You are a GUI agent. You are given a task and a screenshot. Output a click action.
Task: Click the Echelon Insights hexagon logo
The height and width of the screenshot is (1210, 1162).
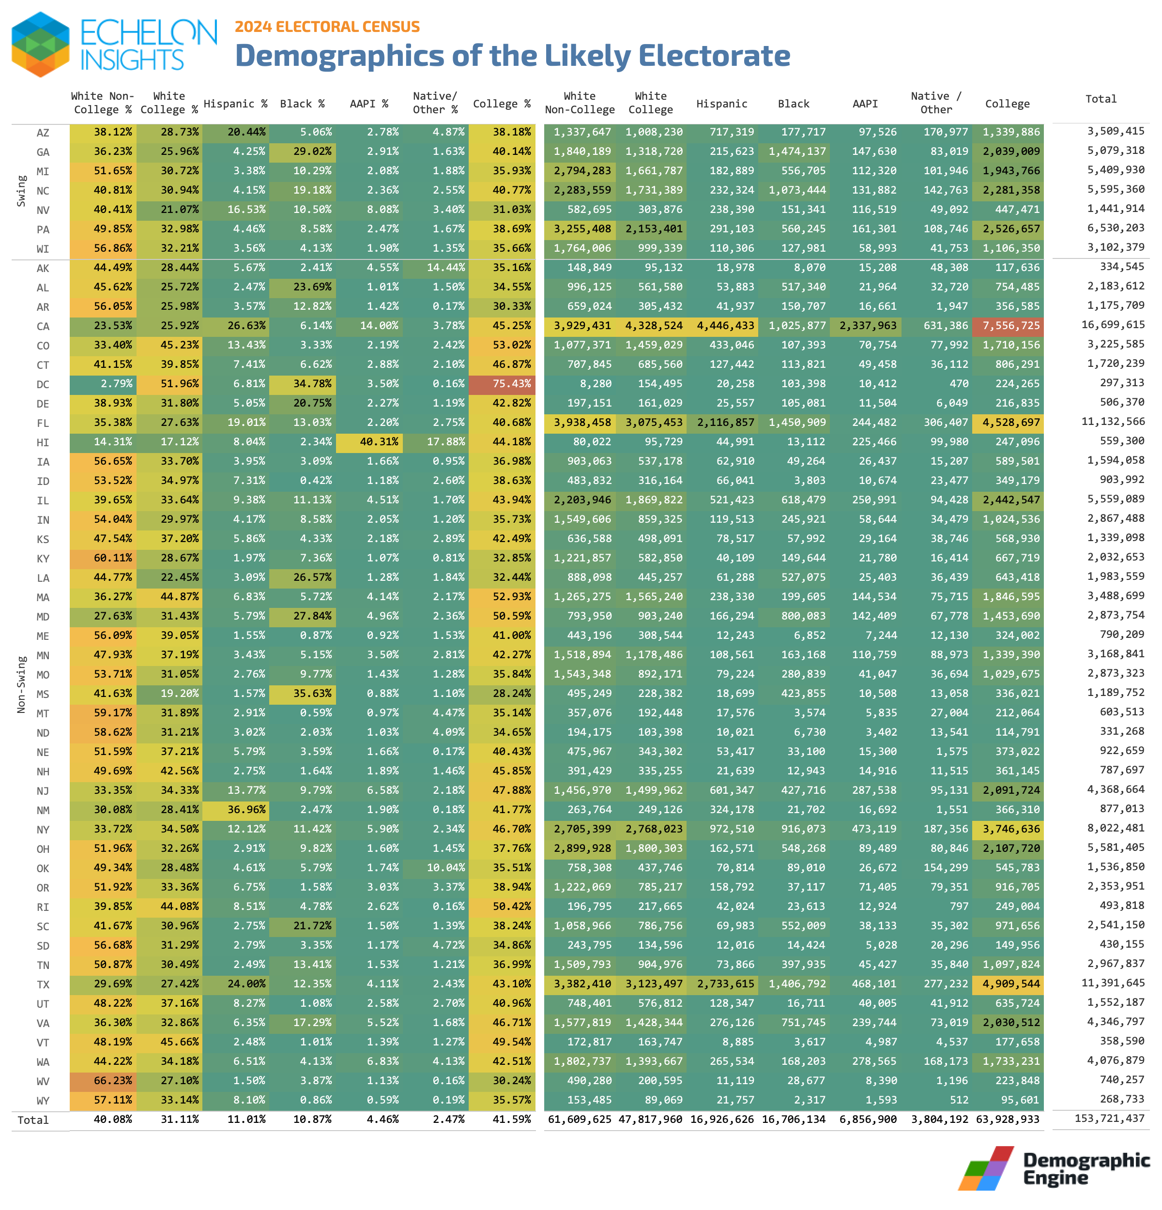coord(41,45)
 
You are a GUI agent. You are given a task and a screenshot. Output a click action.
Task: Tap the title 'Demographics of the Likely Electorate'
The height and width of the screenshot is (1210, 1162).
coord(512,56)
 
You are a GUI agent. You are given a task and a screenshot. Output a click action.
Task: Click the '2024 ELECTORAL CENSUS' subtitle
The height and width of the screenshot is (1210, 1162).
coord(327,27)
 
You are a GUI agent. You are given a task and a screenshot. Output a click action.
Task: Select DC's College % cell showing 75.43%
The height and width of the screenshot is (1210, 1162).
coord(502,383)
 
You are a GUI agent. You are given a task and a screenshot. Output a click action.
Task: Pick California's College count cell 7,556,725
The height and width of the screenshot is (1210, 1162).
coord(1008,325)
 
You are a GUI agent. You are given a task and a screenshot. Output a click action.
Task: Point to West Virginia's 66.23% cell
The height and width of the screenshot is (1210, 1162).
coord(103,1080)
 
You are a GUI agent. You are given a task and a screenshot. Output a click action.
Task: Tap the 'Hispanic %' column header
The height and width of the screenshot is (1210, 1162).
coord(235,104)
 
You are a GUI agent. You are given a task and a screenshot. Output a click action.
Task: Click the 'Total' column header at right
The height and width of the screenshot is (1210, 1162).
coord(1100,99)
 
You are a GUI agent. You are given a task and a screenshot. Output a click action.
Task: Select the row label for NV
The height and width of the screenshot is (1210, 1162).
coord(43,210)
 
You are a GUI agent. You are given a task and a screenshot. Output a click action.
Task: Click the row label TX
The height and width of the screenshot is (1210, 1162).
coord(43,984)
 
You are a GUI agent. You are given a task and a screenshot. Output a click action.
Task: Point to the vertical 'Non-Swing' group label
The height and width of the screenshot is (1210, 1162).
coord(22,684)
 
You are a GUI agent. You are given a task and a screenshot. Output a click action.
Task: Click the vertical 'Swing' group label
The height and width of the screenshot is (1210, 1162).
coord(22,191)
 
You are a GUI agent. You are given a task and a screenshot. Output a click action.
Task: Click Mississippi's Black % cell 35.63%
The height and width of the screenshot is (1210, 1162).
coord(303,693)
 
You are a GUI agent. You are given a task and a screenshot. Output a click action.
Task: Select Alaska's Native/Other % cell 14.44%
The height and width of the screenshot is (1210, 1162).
coord(436,267)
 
